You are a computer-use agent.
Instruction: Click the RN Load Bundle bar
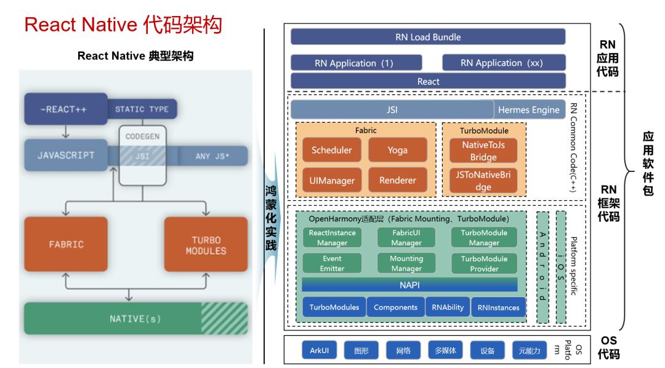point(427,37)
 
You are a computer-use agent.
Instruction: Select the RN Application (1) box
point(356,63)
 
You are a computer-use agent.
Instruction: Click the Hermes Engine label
point(529,110)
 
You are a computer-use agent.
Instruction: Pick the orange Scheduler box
point(332,150)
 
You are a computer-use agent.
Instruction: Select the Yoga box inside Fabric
point(397,150)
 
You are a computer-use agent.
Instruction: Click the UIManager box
point(332,181)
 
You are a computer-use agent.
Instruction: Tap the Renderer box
point(397,181)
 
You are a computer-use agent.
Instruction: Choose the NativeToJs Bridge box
point(483,151)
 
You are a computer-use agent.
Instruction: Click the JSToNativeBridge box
point(483,181)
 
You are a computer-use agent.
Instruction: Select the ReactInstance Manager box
point(332,238)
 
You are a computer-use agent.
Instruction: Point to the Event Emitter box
point(332,263)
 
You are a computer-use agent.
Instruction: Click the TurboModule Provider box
point(484,263)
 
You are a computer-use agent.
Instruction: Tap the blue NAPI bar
point(409,285)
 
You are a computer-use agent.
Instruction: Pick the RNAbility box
point(448,307)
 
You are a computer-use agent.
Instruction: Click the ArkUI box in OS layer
point(319,351)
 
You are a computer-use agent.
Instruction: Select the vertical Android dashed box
point(542,268)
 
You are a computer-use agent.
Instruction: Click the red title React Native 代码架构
point(123,25)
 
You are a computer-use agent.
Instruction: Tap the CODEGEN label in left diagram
point(142,137)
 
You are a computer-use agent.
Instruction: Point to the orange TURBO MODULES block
point(206,245)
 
